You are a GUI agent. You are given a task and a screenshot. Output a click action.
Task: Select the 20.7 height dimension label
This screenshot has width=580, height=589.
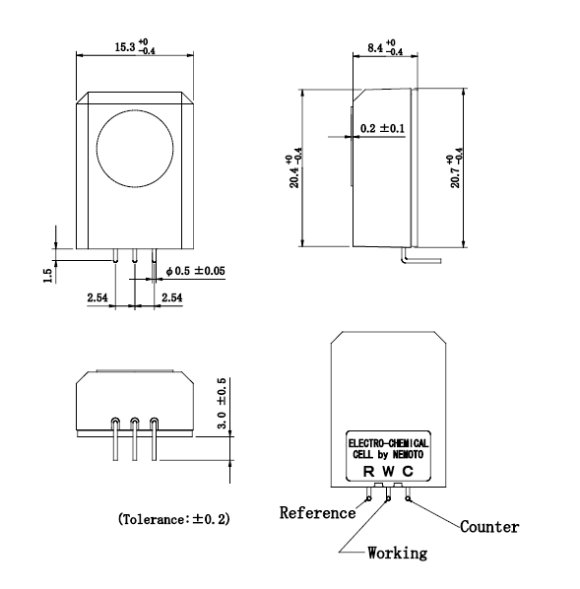[453, 171]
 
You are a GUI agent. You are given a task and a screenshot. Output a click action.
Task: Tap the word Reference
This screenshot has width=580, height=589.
[317, 512]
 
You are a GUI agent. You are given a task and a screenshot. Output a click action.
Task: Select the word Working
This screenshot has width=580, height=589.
[397, 553]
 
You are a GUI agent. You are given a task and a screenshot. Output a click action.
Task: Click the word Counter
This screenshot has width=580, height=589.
[489, 527]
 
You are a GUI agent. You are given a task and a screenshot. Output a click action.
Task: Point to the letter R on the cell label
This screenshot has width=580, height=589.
[369, 471]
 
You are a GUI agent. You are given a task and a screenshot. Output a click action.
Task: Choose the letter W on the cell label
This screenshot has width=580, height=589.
[387, 471]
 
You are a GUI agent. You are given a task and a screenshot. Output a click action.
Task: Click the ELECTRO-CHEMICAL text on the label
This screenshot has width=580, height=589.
[388, 444]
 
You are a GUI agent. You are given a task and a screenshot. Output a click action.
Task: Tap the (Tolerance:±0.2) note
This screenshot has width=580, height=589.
[173, 517]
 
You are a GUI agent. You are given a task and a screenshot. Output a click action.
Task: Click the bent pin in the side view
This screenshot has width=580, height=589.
[421, 257]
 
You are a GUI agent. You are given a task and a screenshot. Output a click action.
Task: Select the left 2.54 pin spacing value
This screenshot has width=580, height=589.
[97, 296]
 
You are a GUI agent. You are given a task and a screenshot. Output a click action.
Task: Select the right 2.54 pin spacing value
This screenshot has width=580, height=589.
[171, 296]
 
